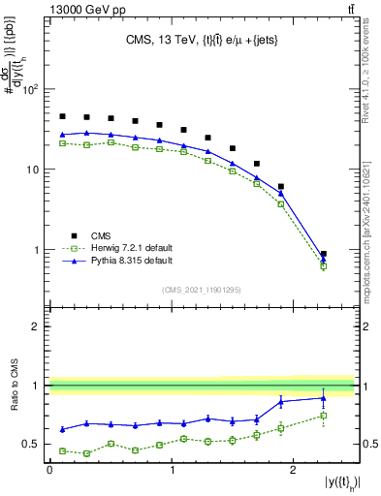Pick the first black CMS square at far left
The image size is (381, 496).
62,116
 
